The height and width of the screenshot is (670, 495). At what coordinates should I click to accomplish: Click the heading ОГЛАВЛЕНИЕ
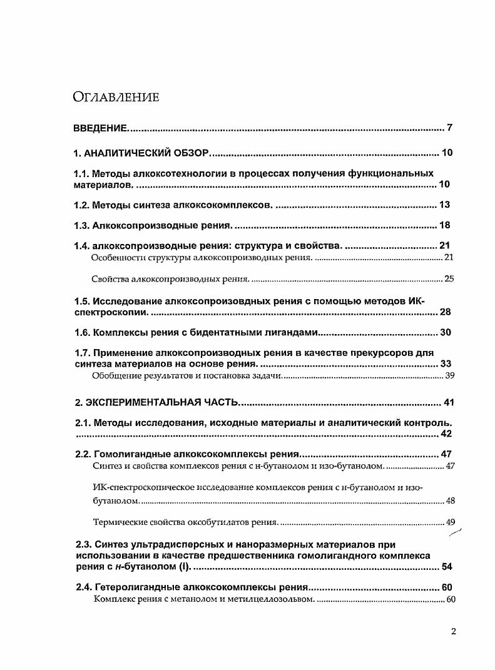(x=116, y=96)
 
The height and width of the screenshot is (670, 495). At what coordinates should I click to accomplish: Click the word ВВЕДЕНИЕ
(x=100, y=129)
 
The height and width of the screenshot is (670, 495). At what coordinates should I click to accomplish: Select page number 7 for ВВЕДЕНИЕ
(x=449, y=129)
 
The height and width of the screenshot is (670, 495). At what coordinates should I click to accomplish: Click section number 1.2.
(x=81, y=205)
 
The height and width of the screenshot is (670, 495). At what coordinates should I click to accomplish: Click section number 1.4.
(x=81, y=246)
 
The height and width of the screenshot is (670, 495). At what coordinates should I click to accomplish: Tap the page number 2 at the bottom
(x=453, y=631)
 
